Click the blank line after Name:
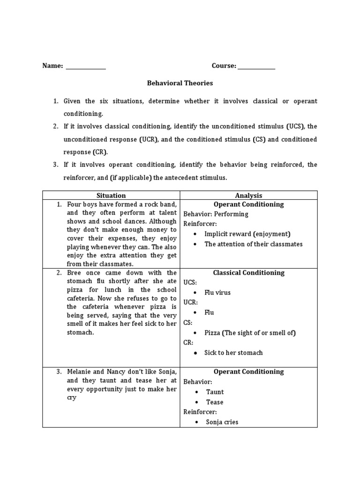[86, 67]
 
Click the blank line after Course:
[256, 67]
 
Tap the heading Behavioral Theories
[180, 83]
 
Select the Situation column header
[111, 195]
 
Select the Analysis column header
[248, 195]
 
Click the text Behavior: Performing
[216, 214]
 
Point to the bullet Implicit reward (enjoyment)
[247, 234]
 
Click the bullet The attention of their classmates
[253, 244]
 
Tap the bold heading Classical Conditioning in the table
[248, 272]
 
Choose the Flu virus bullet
[217, 292]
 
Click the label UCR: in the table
[190, 302]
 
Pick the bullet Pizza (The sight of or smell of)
[250, 333]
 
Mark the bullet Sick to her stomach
[233, 352]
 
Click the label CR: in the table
[188, 343]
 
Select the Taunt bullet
[215, 392]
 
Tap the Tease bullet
[215, 402]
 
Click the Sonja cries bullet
[222, 422]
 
